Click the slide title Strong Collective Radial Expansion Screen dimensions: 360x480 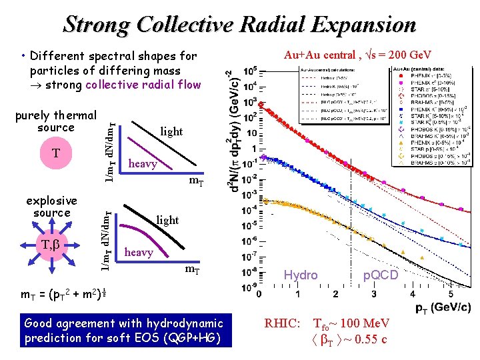pyautogui.click(x=239, y=25)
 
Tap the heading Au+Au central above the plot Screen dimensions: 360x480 pyautogui.click(x=357, y=55)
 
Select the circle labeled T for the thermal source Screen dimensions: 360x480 pyautogui.click(x=56, y=154)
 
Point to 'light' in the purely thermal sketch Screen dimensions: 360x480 pyautogui.click(x=171, y=131)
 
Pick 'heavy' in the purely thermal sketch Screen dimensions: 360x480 pyautogui.click(x=143, y=163)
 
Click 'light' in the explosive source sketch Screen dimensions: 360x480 pyautogui.click(x=167, y=219)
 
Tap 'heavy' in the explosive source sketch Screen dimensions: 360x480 pyautogui.click(x=139, y=252)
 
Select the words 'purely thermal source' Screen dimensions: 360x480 pyautogui.click(x=56, y=121)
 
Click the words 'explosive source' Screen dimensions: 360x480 pyautogui.click(x=51, y=206)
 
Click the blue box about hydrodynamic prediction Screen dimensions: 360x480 pyautogui.click(x=124, y=330)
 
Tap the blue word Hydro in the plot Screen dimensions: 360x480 pyautogui.click(x=301, y=275)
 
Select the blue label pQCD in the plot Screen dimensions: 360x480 pyautogui.click(x=380, y=275)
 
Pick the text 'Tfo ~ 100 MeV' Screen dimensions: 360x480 pyautogui.click(x=351, y=324)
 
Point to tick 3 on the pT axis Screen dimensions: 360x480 pyautogui.click(x=373, y=295)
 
